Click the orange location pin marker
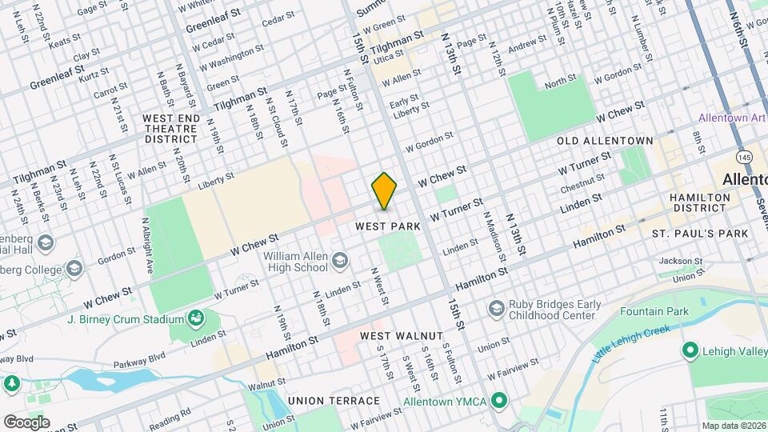(384, 190)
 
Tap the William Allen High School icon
(340, 260)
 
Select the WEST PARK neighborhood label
(388, 227)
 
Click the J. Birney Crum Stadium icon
(195, 319)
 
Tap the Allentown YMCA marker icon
(500, 400)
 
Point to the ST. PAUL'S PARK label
(700, 234)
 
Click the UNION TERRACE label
(334, 400)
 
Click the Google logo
(26, 422)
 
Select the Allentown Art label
(732, 118)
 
